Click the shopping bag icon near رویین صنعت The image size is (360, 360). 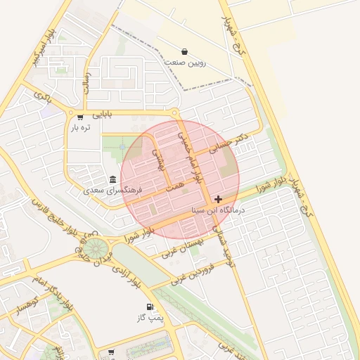tap(184, 51)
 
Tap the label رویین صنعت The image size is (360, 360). tap(185, 63)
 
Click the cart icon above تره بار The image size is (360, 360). tap(81, 117)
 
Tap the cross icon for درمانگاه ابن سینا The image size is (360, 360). tap(219, 200)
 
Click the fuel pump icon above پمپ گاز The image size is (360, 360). tap(150, 307)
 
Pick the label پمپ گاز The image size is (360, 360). tap(150, 319)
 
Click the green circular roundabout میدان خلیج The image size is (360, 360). tap(96, 248)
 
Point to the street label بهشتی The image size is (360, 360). tap(160, 160)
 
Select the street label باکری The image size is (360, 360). tap(44, 98)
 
